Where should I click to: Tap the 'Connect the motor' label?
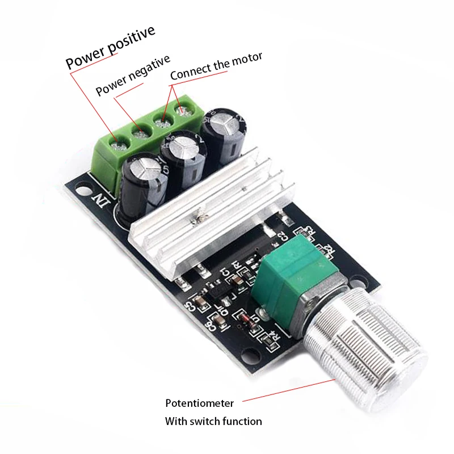(216, 65)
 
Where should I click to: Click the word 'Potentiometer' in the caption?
(199, 403)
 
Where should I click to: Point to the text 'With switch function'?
(213, 421)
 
